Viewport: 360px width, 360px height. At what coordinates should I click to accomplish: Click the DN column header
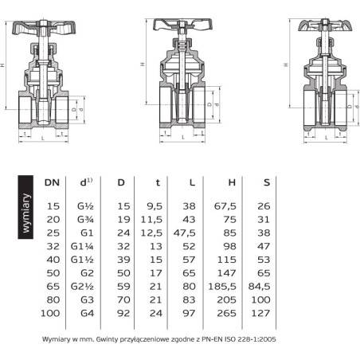click(52, 182)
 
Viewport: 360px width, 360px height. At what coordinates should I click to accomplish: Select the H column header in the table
click(232, 182)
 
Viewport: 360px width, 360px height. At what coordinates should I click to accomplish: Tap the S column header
click(267, 182)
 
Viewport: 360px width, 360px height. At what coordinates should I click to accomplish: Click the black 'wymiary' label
click(25, 207)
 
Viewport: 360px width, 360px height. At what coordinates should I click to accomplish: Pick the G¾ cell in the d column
click(85, 220)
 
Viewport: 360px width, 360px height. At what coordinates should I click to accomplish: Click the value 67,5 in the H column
click(225, 206)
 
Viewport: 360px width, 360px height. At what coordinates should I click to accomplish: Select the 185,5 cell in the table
click(222, 287)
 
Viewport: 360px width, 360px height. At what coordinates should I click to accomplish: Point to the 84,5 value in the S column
click(259, 287)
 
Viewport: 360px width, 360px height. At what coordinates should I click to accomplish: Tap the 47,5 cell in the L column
click(184, 233)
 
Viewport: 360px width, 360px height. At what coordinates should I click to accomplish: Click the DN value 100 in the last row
click(50, 313)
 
